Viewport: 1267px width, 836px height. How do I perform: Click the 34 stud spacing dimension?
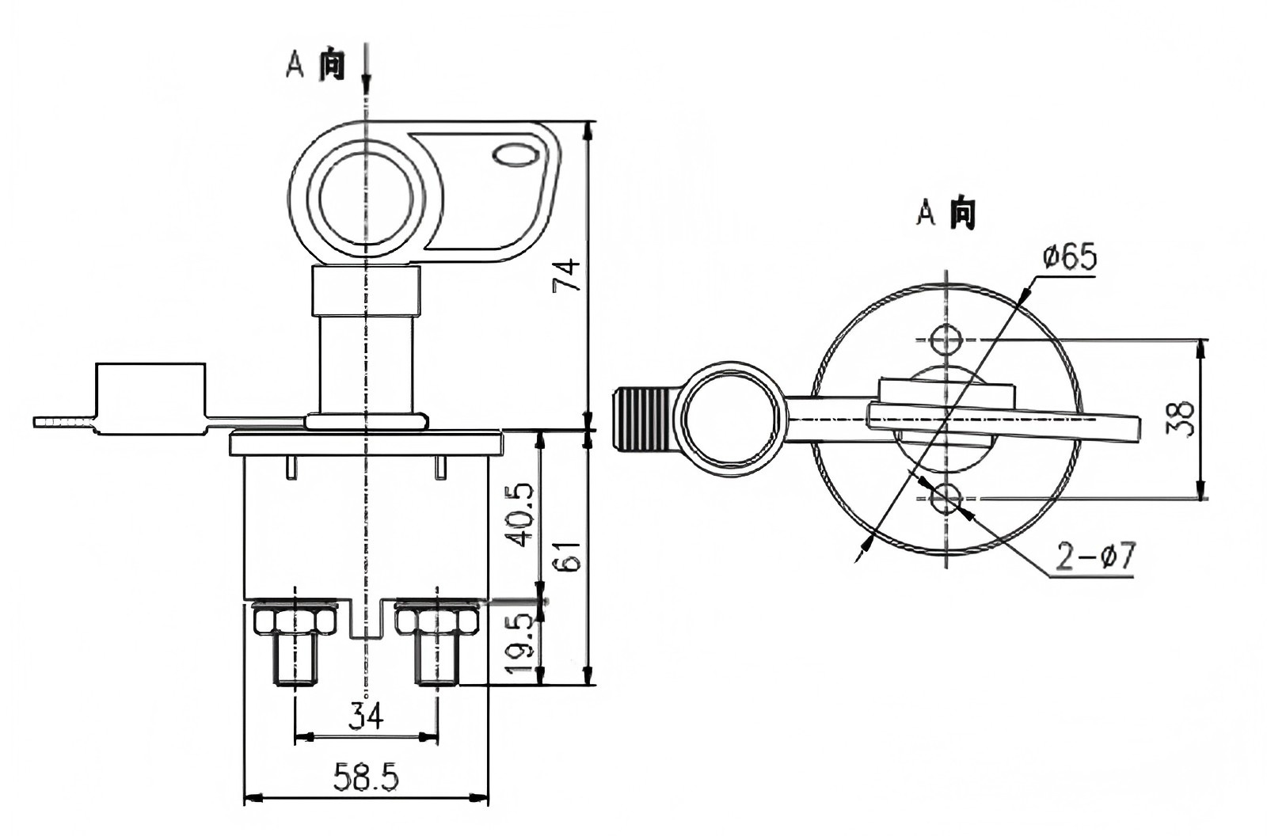[x=366, y=716]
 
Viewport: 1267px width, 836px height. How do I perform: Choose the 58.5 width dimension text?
[x=366, y=778]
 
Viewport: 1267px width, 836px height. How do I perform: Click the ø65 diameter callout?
[x=1070, y=258]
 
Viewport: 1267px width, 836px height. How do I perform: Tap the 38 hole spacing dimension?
[x=1181, y=420]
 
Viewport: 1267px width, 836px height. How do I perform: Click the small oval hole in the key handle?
[x=513, y=154]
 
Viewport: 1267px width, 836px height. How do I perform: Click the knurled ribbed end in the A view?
[x=642, y=419]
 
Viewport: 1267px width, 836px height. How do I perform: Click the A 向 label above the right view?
[x=945, y=213]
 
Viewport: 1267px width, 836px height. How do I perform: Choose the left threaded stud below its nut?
[x=295, y=662]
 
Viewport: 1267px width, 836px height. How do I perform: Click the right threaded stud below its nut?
[x=436, y=662]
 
